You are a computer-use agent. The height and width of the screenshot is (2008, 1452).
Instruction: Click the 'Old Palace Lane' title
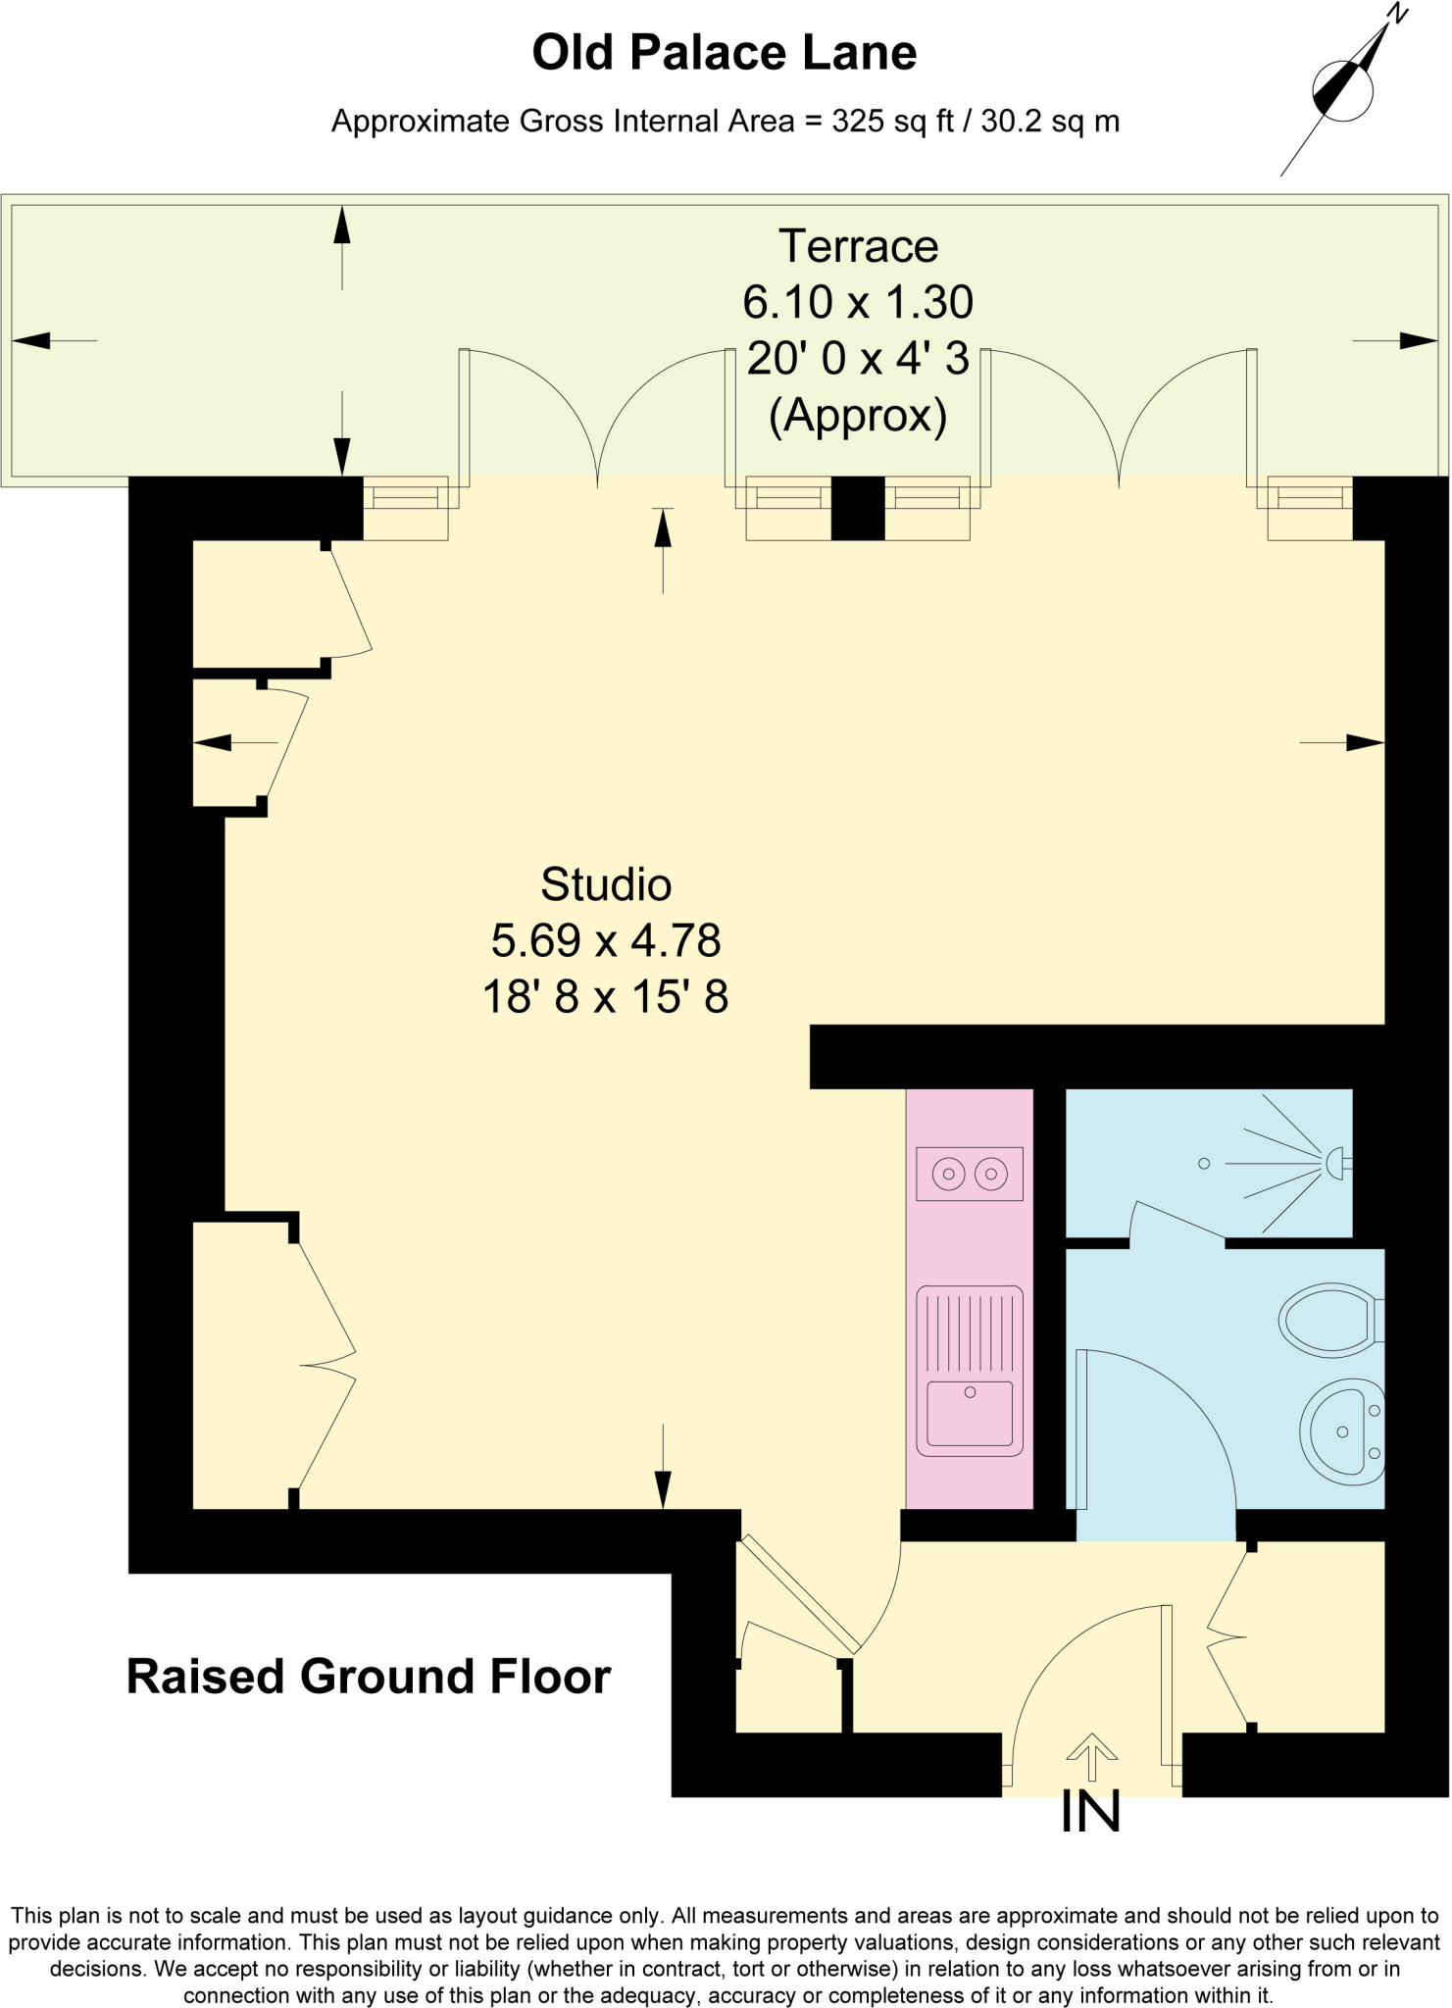tap(724, 53)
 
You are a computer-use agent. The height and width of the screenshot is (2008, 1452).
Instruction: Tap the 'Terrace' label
tap(858, 246)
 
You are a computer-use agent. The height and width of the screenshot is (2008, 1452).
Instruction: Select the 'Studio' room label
tap(606, 884)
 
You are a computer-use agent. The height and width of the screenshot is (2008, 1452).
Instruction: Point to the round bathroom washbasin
tap(1340, 1431)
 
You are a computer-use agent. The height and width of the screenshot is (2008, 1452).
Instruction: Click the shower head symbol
tap(1335, 1164)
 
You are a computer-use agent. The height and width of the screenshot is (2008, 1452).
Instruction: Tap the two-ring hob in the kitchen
tap(969, 1173)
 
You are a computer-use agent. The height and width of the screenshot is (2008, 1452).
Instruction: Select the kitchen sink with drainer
tap(969, 1370)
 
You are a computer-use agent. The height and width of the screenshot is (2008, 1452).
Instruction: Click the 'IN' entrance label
tap(1091, 1813)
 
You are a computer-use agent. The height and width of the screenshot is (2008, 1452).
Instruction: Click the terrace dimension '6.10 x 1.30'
tap(858, 302)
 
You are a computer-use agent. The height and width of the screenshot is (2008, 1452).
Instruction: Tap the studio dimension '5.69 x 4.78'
tap(606, 941)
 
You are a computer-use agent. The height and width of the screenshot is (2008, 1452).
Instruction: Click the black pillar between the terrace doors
tap(858, 508)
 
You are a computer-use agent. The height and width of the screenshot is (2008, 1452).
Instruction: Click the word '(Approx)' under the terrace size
tap(858, 416)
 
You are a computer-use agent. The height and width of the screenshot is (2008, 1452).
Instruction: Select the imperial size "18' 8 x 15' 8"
tap(606, 998)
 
